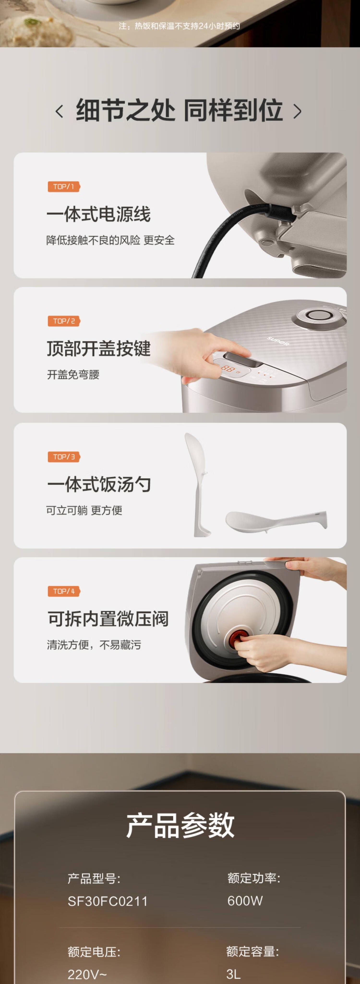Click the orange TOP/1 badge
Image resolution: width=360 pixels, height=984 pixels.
[x=64, y=186]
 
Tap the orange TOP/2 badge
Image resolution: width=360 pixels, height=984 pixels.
[x=64, y=321]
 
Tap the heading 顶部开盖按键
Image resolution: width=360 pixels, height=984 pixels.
[x=99, y=348]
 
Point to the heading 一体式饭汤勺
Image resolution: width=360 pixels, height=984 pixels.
[x=99, y=484]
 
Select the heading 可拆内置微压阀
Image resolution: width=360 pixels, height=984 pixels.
[x=108, y=618]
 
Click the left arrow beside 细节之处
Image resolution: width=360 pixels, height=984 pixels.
[x=59, y=112]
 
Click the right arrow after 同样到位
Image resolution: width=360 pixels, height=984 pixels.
[x=297, y=112]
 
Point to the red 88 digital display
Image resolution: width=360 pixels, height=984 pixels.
[x=228, y=369]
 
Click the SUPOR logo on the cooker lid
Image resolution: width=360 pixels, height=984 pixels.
[x=278, y=341]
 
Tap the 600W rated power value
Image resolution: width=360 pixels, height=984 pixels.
[x=245, y=901]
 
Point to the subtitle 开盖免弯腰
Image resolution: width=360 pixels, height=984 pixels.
[x=73, y=375]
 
